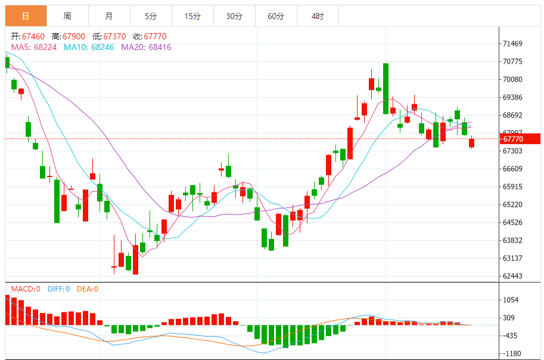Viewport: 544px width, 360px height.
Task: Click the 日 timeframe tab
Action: [x=26, y=16]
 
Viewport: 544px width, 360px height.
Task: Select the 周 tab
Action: [x=67, y=16]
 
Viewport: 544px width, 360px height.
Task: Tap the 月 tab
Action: [x=108, y=16]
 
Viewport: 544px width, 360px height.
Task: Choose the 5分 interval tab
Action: [x=151, y=16]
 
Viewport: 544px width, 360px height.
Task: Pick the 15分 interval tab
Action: [x=192, y=16]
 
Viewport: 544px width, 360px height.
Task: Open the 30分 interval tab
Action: [x=234, y=16]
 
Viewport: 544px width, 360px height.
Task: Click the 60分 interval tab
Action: [x=276, y=16]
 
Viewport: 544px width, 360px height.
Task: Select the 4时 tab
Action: [x=318, y=16]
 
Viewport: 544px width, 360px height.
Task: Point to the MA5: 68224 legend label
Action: [x=34, y=46]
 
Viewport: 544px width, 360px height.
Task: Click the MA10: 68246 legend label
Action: [x=89, y=46]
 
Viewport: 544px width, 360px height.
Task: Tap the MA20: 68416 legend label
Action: [x=146, y=46]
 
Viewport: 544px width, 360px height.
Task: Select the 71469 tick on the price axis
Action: [x=513, y=44]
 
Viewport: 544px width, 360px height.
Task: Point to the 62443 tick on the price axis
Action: [x=513, y=276]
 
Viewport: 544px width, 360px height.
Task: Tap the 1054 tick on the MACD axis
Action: [x=511, y=300]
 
